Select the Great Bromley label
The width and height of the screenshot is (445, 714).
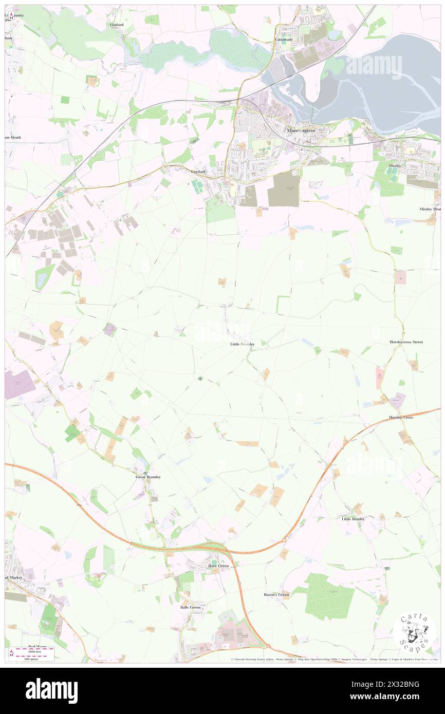pyautogui.click(x=148, y=477)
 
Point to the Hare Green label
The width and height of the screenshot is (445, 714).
pyautogui.click(x=218, y=566)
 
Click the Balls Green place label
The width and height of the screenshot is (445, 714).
pyautogui.click(x=190, y=607)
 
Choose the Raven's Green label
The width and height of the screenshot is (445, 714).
pyautogui.click(x=276, y=595)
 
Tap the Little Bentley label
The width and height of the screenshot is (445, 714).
pyautogui.click(x=353, y=519)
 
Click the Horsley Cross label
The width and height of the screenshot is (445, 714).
pyautogui.click(x=401, y=418)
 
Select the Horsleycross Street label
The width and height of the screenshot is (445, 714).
pyautogui.click(x=406, y=342)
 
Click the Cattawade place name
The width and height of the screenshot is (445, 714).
pyautogui.click(x=283, y=40)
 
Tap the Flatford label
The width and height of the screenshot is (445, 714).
pyautogui.click(x=117, y=25)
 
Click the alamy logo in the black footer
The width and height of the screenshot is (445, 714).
pyautogui.click(x=51, y=690)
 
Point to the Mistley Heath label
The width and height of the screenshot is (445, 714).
pyautogui.click(x=430, y=209)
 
